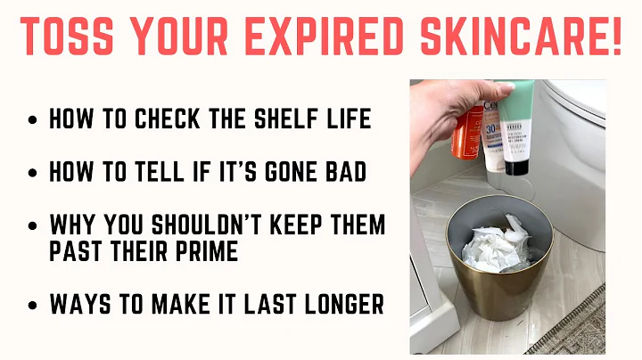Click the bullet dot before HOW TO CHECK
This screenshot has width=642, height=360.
(x=33, y=120)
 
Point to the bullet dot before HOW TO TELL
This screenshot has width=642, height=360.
(x=33, y=172)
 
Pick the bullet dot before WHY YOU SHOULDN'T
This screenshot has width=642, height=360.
(x=33, y=225)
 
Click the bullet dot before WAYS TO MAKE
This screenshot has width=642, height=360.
(x=33, y=306)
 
